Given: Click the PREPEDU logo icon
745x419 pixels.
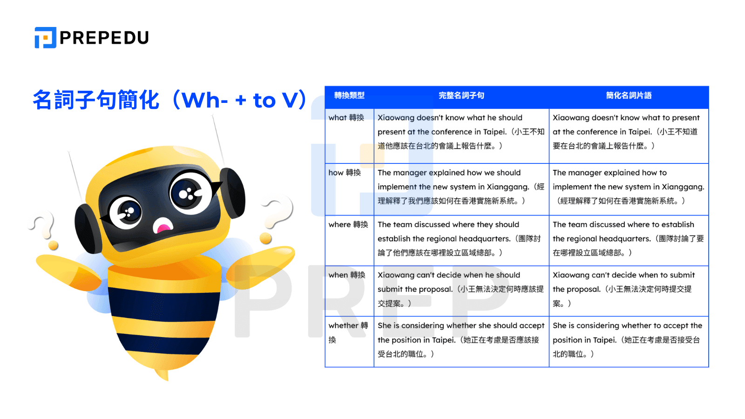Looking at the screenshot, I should pyautogui.click(x=45, y=38).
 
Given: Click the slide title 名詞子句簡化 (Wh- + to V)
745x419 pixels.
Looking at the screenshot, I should pyautogui.click(x=169, y=100).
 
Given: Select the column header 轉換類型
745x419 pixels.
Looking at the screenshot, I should pyautogui.click(x=349, y=95).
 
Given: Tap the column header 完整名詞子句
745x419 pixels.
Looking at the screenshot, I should pyautogui.click(x=461, y=95).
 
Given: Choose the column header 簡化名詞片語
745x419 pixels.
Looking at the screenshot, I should pyautogui.click(x=629, y=95).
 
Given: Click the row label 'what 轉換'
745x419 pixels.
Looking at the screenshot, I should pyautogui.click(x=346, y=118).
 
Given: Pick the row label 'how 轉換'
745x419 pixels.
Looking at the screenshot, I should pyautogui.click(x=345, y=173).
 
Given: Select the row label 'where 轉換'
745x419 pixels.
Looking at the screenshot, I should pyautogui.click(x=348, y=224).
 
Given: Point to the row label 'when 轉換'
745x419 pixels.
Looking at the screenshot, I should pyautogui.click(x=347, y=275).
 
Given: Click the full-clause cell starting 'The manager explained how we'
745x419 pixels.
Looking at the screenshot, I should pyautogui.click(x=461, y=187).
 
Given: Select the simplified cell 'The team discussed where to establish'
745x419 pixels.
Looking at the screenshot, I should pyautogui.click(x=628, y=238).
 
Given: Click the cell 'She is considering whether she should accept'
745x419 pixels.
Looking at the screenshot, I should pyautogui.click(x=461, y=340).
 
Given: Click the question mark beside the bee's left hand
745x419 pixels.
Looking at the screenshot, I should pyautogui.click(x=44, y=228).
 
